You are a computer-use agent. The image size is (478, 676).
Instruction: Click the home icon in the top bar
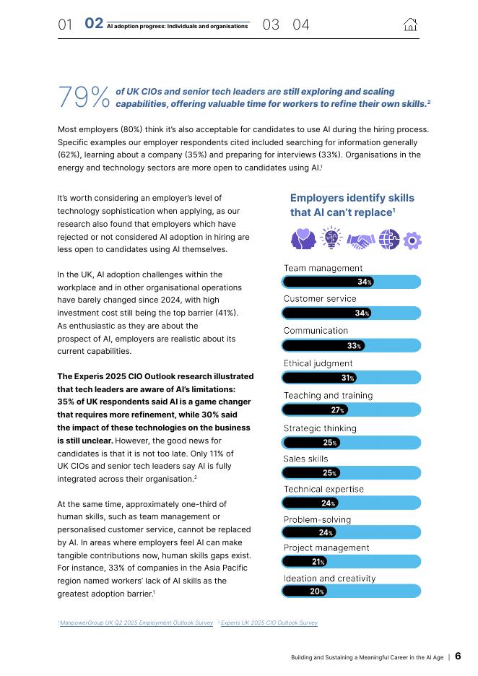410,25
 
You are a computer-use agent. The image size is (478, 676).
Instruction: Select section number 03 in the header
271,25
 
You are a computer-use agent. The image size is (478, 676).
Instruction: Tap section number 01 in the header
65,25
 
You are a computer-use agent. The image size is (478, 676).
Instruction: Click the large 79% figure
84,97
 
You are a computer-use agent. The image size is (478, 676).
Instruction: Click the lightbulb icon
331,238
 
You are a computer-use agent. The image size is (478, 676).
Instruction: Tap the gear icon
412,240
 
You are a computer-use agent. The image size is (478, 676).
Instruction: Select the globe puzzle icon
389,239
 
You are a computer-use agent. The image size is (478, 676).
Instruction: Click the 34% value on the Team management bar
364,282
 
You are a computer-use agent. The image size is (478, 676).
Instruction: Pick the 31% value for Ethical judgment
347,378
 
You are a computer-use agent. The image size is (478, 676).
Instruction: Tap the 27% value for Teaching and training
337,410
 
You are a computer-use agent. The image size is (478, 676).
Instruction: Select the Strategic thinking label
320,428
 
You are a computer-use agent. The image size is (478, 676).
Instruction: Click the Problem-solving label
317,519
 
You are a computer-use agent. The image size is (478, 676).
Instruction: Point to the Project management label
326,547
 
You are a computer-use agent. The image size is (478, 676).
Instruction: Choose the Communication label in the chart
316,331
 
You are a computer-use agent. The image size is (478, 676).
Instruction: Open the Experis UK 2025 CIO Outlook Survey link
269,623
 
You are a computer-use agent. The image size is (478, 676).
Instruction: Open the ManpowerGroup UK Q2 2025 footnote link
136,623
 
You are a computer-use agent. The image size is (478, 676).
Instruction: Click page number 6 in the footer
458,656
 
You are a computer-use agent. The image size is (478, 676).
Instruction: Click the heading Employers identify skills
352,198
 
